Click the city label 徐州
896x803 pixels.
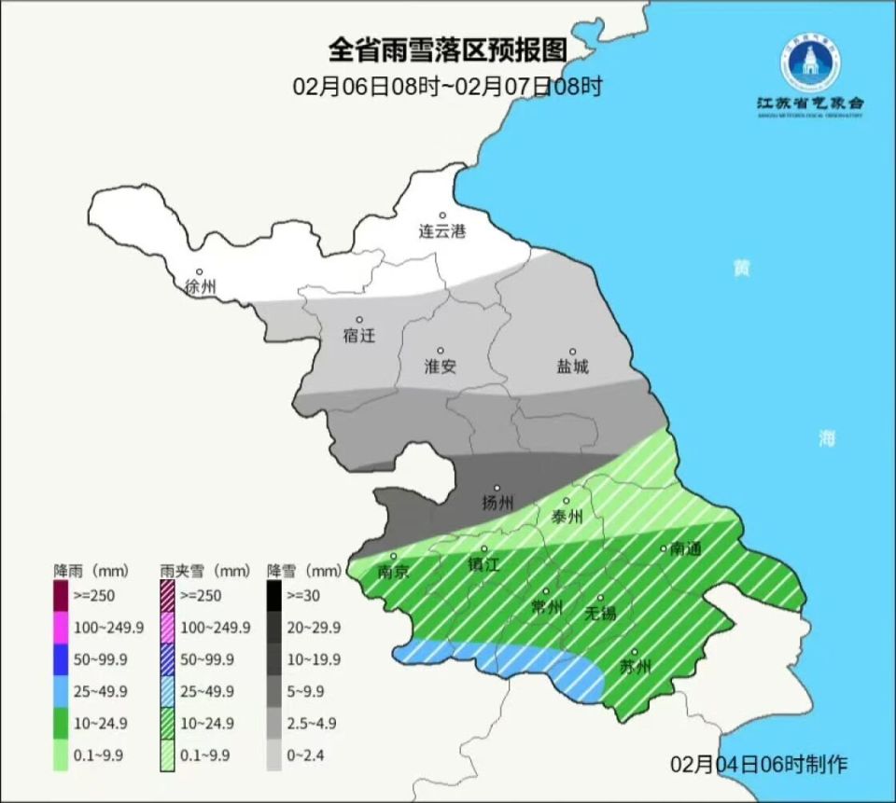[x=201, y=286]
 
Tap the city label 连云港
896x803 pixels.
[x=441, y=230]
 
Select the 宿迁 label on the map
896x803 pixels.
[x=359, y=335]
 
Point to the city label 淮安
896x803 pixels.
[x=441, y=367]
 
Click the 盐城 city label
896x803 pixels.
[x=573, y=367]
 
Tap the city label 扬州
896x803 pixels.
[x=497, y=504]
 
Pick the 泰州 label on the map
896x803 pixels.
[x=567, y=517]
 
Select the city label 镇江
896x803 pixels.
[x=484, y=564]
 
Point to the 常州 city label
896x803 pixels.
[x=546, y=607]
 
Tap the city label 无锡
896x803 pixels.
[x=600, y=613]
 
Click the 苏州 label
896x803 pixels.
[x=636, y=667]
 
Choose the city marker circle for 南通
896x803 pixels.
[x=664, y=548]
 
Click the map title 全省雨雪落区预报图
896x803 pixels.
[x=448, y=48]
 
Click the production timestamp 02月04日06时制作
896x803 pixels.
[x=759, y=764]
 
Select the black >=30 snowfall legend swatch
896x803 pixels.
[x=274, y=595]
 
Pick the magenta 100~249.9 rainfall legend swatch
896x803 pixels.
[x=62, y=628]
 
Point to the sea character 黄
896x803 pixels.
[x=741, y=268]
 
